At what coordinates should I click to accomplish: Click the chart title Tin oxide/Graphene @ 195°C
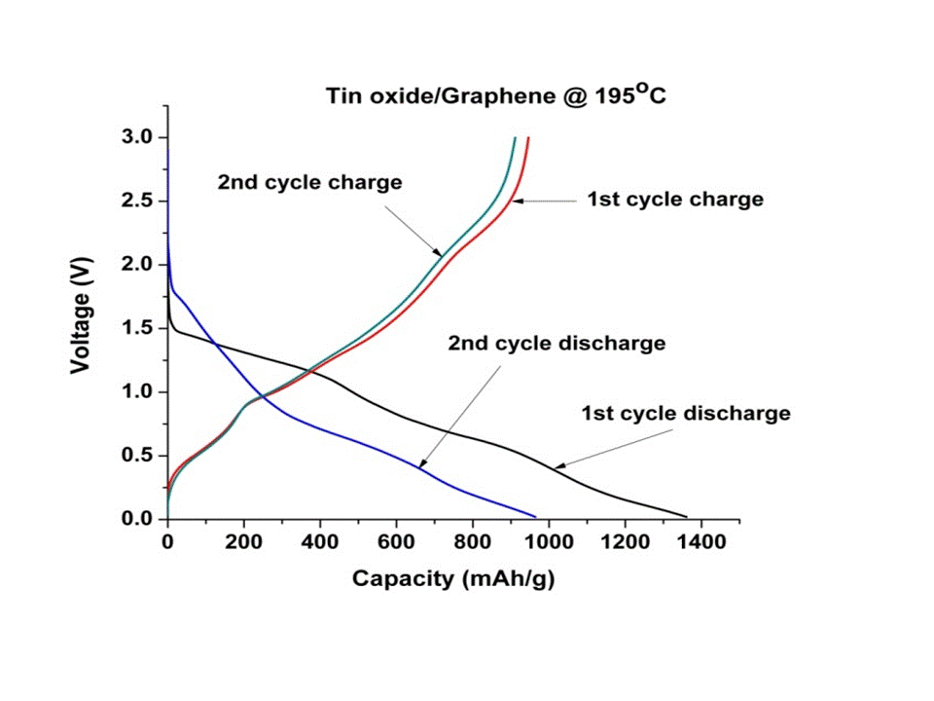click(495, 96)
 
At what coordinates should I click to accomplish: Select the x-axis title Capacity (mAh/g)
click(453, 578)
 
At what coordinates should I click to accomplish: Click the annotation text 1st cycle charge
click(675, 200)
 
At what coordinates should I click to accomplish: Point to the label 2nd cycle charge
click(309, 183)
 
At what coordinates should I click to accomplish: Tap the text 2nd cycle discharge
click(557, 344)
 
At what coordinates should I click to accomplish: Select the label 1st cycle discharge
click(686, 414)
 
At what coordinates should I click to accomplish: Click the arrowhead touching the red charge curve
click(518, 201)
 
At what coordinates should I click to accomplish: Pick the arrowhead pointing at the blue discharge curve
click(422, 466)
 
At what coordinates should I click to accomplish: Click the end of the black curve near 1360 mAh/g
click(686, 517)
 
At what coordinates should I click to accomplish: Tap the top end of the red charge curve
click(527, 138)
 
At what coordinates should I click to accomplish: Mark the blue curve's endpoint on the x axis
click(535, 517)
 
